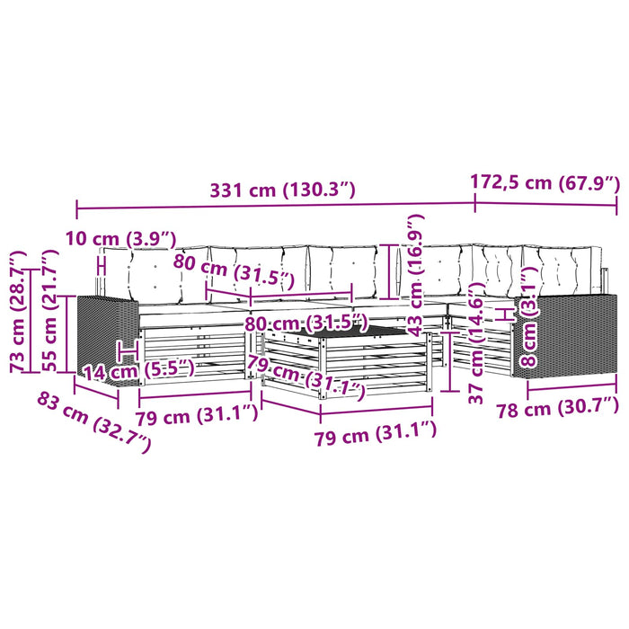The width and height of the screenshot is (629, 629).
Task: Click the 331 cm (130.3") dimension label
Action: pyautogui.click(x=283, y=190)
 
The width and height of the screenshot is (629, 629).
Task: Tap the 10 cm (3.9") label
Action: pyautogui.click(x=120, y=239)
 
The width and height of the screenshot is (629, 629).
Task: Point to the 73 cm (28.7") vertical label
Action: pyautogui.click(x=19, y=312)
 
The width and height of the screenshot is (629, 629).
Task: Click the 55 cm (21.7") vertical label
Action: pyautogui.click(x=50, y=311)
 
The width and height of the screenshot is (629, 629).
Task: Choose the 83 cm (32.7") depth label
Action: pyautogui.click(x=94, y=422)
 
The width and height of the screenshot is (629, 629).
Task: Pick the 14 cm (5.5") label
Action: pyautogui.click(x=138, y=370)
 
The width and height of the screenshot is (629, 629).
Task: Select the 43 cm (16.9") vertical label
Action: pyautogui.click(x=415, y=275)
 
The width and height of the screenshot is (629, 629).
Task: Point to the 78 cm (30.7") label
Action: pyautogui.click(x=558, y=408)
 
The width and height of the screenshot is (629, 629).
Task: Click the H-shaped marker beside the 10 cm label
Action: pyautogui.click(x=102, y=266)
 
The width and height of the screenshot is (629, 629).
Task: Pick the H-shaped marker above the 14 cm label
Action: pyautogui.click(x=128, y=350)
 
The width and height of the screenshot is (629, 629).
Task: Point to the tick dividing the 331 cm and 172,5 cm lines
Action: pyautogui.click(x=475, y=203)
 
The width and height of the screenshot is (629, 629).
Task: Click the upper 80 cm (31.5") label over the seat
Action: pyautogui.click(x=234, y=271)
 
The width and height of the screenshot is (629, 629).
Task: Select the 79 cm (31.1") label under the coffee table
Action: pyautogui.click(x=375, y=433)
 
